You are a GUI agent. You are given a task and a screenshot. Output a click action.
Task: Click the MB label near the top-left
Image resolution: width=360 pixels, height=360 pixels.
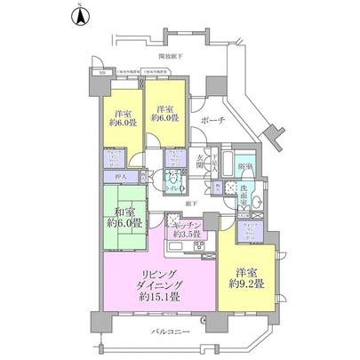102,73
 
